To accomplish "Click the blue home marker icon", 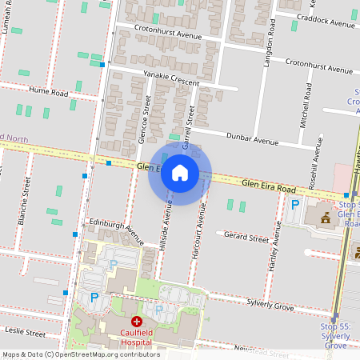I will point(180,173).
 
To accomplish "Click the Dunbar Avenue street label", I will point(251,138).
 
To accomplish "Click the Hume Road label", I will point(49,92).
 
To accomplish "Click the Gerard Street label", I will point(246,238).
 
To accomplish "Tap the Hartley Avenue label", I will point(275,250).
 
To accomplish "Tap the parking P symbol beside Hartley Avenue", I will point(294,206).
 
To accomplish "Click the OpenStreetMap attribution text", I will point(80,354).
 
